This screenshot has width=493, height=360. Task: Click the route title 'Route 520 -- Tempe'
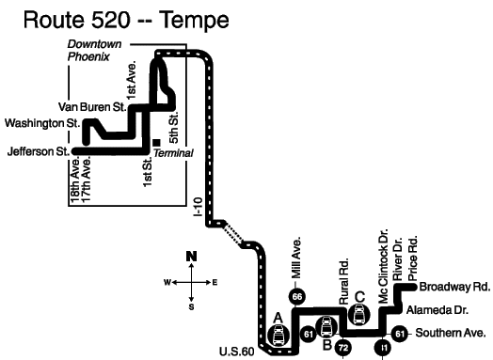point(126,20)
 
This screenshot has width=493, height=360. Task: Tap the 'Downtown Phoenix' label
point(94,51)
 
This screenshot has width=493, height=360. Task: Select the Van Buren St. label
point(92,107)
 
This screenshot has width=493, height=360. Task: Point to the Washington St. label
point(42,123)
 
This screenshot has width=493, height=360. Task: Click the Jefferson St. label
point(39,151)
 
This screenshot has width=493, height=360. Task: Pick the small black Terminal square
point(156,143)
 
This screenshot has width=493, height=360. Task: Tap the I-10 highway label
point(199,207)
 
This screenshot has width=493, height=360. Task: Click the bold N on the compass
point(191,257)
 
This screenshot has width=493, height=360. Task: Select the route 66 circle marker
point(296,296)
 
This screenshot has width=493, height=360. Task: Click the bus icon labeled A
point(278,335)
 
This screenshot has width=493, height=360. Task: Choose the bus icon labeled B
point(326,327)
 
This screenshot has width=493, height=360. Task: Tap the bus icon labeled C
point(359,315)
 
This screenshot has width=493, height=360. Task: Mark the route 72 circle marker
point(343,348)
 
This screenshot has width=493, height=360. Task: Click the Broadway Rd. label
point(454,287)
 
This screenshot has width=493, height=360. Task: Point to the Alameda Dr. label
point(437,310)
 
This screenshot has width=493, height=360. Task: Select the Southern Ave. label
point(451,333)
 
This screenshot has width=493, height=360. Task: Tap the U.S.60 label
point(237,352)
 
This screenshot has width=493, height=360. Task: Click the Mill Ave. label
point(296,258)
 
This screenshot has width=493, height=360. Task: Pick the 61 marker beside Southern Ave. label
point(399,334)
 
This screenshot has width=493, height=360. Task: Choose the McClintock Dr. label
point(384,266)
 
